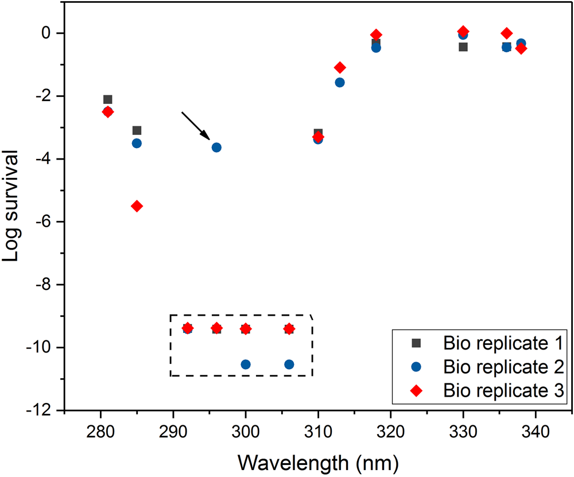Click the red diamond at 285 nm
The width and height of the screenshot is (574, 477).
click(x=137, y=206)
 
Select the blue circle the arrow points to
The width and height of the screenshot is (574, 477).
click(x=216, y=148)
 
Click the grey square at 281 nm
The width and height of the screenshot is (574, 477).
click(x=107, y=99)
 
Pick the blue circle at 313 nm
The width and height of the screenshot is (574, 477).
click(x=340, y=82)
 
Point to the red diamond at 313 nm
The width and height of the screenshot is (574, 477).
click(x=340, y=67)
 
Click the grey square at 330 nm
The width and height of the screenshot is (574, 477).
click(x=463, y=46)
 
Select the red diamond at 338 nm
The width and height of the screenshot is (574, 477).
click(x=521, y=49)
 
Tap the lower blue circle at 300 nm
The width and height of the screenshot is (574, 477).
click(x=246, y=364)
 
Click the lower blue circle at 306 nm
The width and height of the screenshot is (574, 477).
click(x=289, y=364)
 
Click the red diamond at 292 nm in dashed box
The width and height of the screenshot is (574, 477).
click(x=187, y=328)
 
